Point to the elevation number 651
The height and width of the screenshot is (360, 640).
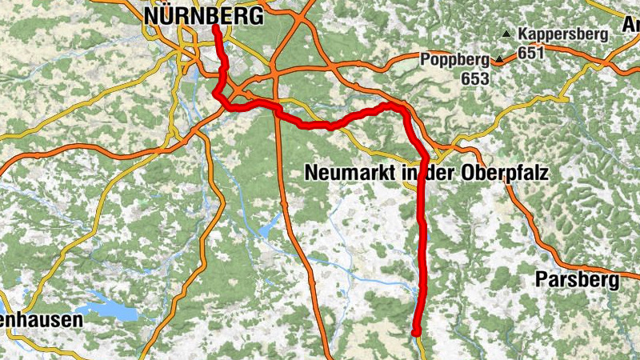pyautogui.click(x=531, y=52)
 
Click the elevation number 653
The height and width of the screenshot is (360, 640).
pyautogui.click(x=474, y=79)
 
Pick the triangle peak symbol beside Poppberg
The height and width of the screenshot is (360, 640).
pyautogui.click(x=499, y=59)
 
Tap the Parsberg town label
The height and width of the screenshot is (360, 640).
pyautogui.click(x=577, y=281)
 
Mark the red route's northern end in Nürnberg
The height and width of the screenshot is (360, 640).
pyautogui.click(x=216, y=28)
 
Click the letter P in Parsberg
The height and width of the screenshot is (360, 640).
pyautogui.click(x=541, y=281)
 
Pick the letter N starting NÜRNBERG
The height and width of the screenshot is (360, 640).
pyautogui.click(x=151, y=15)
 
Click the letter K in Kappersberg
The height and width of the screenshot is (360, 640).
pyautogui.click(x=523, y=34)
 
